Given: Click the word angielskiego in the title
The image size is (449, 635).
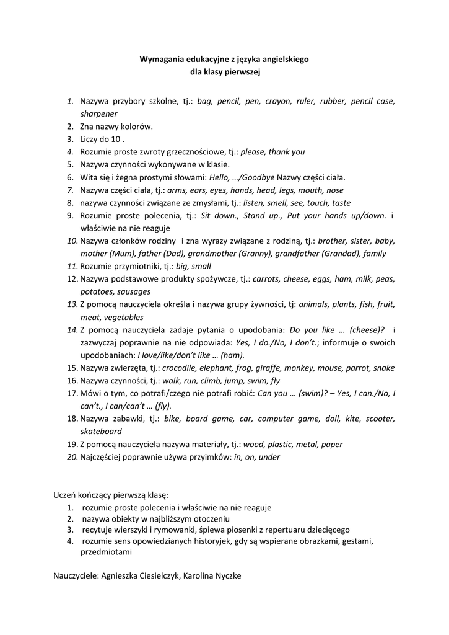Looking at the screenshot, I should click(282, 60).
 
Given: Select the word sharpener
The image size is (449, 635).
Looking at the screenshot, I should click(98, 113).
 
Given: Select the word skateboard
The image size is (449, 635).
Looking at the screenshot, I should click(101, 431).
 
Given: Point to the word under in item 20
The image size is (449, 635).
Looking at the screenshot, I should click(269, 457).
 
